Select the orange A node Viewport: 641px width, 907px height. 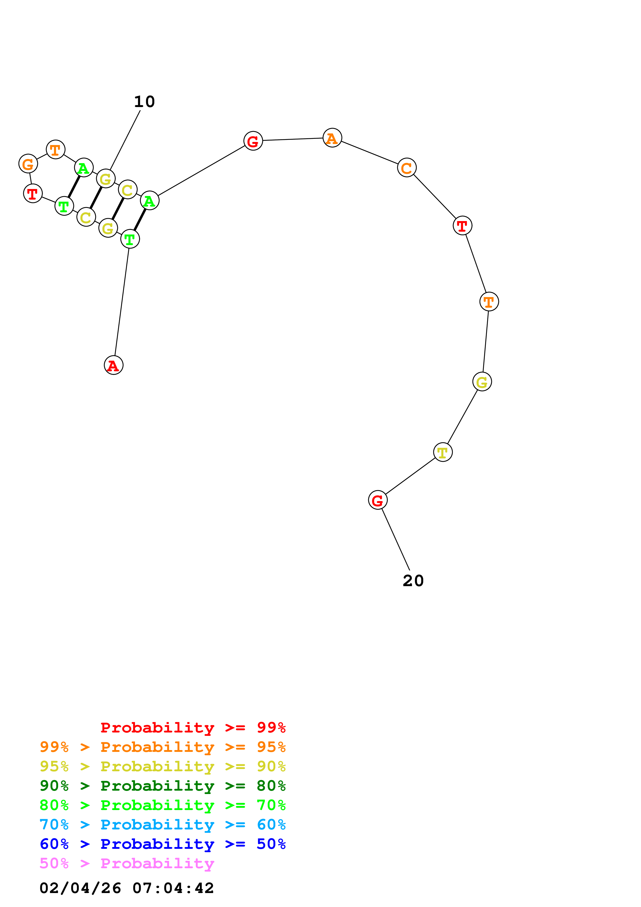(x=332, y=138)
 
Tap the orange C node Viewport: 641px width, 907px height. (x=407, y=168)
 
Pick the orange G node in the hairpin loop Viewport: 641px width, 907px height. (x=28, y=164)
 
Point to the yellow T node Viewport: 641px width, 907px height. (x=443, y=452)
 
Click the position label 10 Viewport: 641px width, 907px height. (x=145, y=102)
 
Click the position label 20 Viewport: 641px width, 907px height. (x=413, y=581)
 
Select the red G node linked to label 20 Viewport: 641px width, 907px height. (x=378, y=500)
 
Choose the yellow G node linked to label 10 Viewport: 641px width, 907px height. (x=105, y=179)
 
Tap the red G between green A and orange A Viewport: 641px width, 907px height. (x=253, y=141)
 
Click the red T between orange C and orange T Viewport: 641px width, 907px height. (x=462, y=225)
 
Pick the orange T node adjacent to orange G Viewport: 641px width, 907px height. (x=55, y=149)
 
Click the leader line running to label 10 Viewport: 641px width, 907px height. (x=125, y=140)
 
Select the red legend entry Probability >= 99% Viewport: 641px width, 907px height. (x=193, y=728)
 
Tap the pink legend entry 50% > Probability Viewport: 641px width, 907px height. (x=127, y=864)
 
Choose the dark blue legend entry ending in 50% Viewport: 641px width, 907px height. (x=162, y=844)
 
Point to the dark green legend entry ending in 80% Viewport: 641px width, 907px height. (x=162, y=786)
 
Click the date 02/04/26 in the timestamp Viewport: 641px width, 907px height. (x=80, y=888)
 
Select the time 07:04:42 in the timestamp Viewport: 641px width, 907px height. (x=173, y=888)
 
